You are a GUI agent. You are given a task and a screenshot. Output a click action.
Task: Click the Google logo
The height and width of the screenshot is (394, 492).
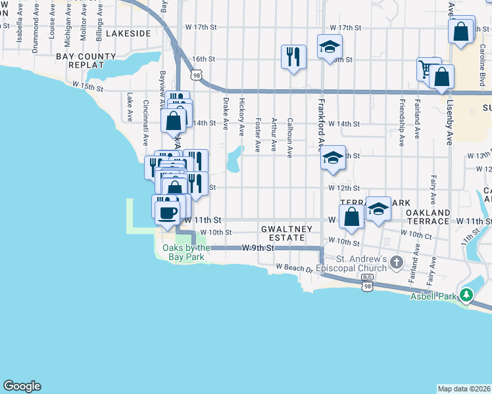(x=22, y=386)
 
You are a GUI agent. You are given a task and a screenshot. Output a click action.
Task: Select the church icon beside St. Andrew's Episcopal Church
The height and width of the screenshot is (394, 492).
(x=395, y=263)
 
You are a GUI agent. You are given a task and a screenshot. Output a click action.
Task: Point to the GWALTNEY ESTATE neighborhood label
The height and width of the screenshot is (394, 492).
(x=283, y=233)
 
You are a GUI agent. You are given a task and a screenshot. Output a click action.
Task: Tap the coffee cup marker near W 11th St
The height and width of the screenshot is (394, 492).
(x=166, y=211)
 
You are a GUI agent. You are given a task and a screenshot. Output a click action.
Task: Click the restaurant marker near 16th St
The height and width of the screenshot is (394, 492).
(x=293, y=56)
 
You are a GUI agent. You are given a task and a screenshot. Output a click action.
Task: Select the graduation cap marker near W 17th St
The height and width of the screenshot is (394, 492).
(x=330, y=46)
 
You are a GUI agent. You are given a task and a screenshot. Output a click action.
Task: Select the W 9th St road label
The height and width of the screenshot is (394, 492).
(x=257, y=248)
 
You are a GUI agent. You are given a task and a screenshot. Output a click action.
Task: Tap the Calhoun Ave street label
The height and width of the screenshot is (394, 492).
(x=289, y=138)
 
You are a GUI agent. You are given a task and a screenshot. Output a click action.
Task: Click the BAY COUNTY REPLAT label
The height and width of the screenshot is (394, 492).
(x=80, y=60)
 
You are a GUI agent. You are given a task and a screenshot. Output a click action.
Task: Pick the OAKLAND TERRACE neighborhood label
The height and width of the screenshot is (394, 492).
(x=428, y=217)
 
